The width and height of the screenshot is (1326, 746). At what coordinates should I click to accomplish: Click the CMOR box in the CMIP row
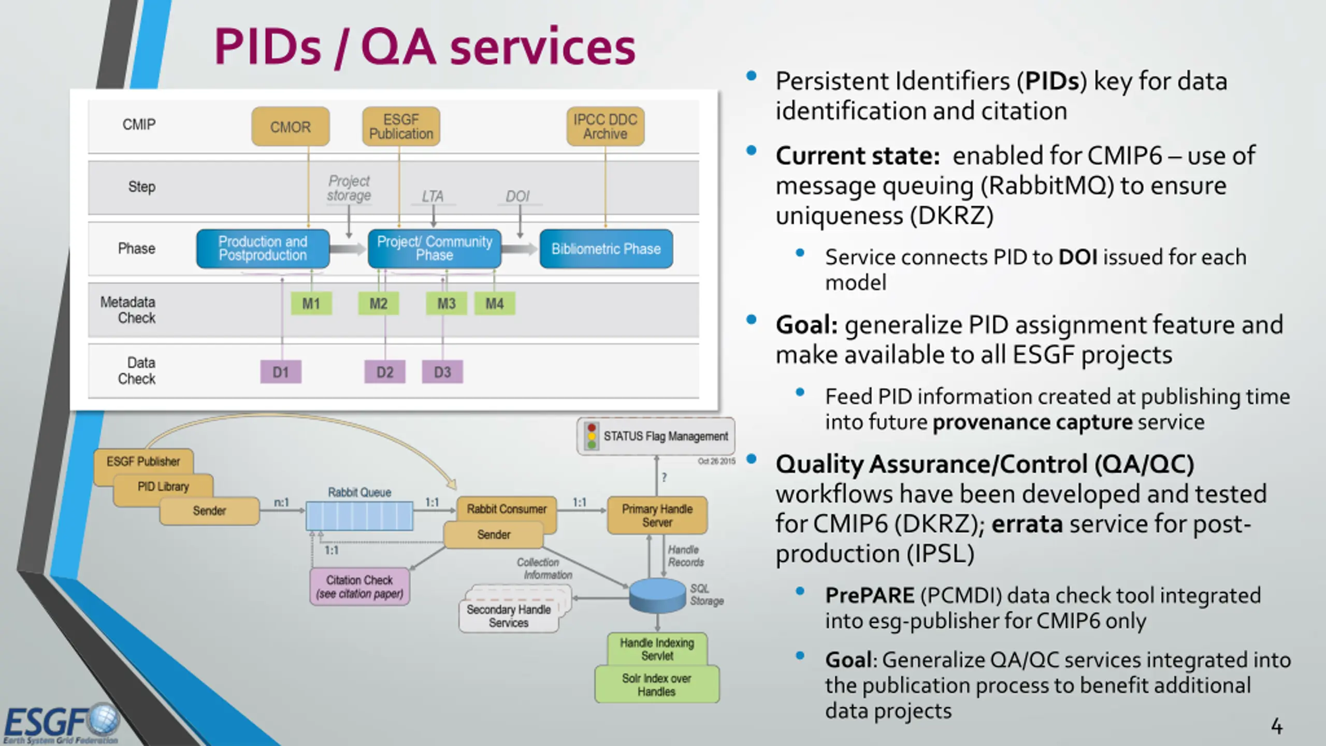coord(290,127)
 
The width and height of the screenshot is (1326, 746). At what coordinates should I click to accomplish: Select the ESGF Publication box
coord(401,127)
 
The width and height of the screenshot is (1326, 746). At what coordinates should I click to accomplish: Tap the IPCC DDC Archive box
coord(605,127)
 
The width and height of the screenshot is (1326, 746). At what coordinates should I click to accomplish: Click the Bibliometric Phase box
coord(606,249)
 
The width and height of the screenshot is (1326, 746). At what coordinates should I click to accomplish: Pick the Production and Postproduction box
coord(263,249)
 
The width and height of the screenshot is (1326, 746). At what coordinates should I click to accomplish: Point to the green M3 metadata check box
coord(446,304)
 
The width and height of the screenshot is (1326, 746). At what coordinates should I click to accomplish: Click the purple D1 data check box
coord(281,372)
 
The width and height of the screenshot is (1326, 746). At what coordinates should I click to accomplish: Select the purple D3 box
coord(442,372)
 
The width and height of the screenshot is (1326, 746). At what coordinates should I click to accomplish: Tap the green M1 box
coord(311,304)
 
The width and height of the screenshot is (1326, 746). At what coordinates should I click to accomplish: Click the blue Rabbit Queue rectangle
coord(359,515)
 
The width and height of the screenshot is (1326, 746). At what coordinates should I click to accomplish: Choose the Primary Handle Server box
coord(657,515)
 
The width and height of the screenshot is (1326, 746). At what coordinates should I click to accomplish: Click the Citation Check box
coord(359,587)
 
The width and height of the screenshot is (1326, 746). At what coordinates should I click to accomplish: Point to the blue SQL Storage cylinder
coord(657,596)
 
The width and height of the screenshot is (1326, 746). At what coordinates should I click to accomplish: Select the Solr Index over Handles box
coord(657,685)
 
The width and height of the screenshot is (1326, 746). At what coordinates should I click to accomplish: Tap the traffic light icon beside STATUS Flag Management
coord(592,436)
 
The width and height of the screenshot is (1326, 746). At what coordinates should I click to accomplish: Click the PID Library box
coord(163,487)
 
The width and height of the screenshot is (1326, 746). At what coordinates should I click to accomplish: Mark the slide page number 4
coord(1277,726)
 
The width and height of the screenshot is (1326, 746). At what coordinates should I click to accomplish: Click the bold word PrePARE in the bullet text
coord(870,596)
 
